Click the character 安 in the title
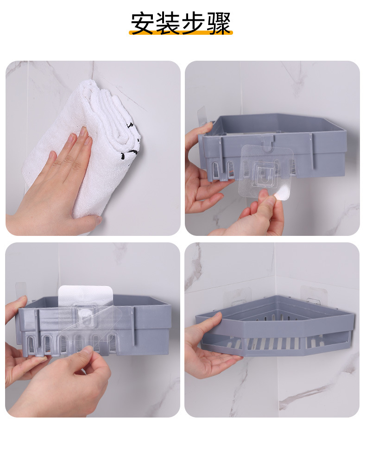(142, 23)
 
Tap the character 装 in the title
(168, 23)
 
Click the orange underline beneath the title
(181, 32)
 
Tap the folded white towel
(84, 146)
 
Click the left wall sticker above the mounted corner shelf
(237, 297)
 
